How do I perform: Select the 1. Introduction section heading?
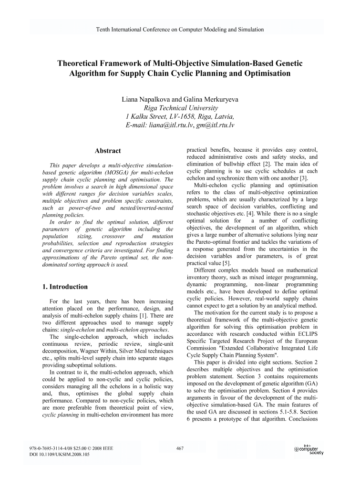coord(65,287)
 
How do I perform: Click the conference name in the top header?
coord(180,29)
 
